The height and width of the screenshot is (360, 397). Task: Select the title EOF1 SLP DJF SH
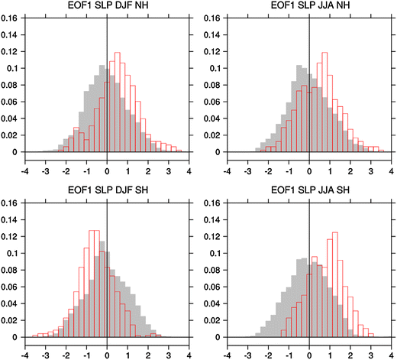tap(107, 192)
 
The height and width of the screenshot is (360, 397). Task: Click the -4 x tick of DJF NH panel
tap(26, 170)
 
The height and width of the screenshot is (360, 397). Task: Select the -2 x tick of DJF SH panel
tap(66, 355)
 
